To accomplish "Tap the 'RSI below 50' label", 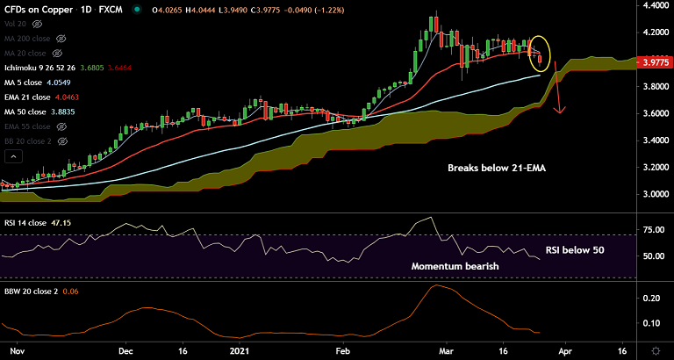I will [x=575, y=250].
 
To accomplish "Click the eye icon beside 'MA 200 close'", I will [x=61, y=40].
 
